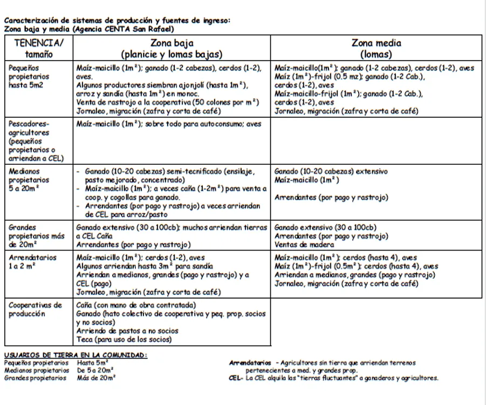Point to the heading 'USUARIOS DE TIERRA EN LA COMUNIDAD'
click(75, 355)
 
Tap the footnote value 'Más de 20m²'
click(97, 378)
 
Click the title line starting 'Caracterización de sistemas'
click(117, 21)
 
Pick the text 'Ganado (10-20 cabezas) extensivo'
click(331, 171)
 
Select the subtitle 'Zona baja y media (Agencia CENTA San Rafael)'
click(88, 29)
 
